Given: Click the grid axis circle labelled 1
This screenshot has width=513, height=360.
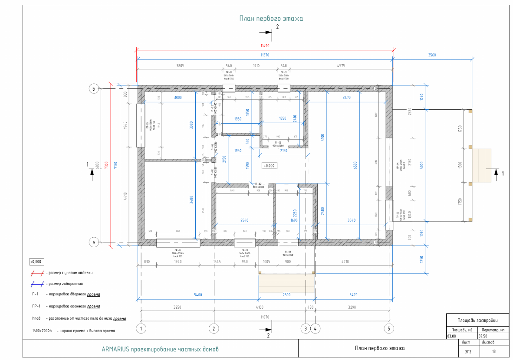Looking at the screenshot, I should (140, 328).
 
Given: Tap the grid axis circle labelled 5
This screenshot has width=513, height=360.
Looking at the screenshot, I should (389, 328).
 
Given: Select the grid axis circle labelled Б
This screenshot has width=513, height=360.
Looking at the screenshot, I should (93, 89).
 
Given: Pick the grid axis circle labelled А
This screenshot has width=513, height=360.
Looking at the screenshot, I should (93, 242).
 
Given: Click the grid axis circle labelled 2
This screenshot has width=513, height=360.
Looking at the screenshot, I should (213, 328).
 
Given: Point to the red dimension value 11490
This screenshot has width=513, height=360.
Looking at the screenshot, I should (265, 46).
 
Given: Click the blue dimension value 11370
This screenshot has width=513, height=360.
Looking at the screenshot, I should (265, 55).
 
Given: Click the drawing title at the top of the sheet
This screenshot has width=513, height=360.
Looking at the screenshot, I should (271, 19).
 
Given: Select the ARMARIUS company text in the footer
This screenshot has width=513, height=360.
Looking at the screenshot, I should (160, 349).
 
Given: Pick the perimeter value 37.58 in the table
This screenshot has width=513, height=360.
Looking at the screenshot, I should (483, 336).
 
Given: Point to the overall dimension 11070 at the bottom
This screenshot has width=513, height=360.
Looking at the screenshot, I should (265, 317).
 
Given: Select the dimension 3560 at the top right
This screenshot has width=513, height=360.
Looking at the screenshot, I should (431, 55).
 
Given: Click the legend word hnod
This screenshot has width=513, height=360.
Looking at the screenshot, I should (36, 318).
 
